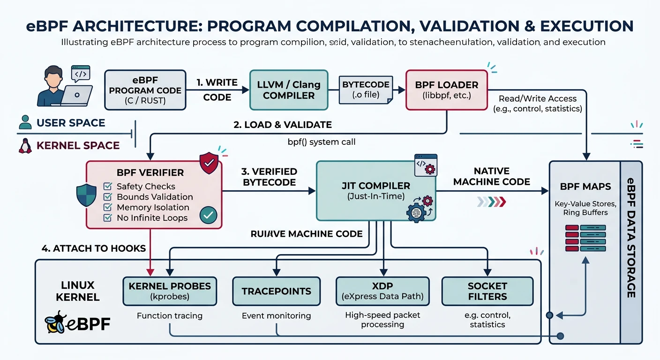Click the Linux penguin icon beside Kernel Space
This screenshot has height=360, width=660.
click(x=25, y=146)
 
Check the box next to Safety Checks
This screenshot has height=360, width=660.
click(x=108, y=187)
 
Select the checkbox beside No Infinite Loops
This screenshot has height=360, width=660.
click(x=108, y=217)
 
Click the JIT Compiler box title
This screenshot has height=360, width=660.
click(x=376, y=186)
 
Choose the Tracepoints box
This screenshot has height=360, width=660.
click(x=276, y=291)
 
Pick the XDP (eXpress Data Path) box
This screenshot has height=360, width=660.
click(x=382, y=291)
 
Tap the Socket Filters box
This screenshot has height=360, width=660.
click(x=487, y=291)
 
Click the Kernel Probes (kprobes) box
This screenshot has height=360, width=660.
click(x=169, y=291)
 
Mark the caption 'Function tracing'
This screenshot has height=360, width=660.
click(x=169, y=315)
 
